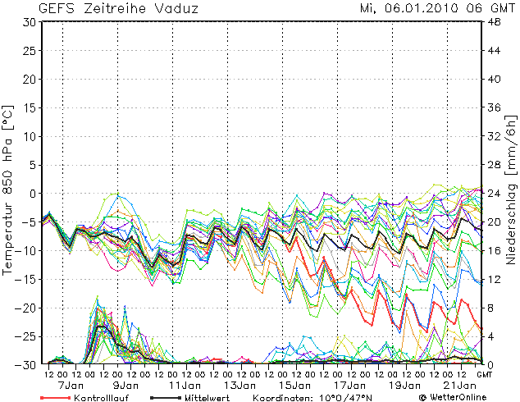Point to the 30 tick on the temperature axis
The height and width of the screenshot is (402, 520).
29,22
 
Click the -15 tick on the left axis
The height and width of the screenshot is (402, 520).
26,279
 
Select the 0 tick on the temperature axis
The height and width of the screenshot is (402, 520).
32,194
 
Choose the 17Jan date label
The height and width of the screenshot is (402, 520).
349,384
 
